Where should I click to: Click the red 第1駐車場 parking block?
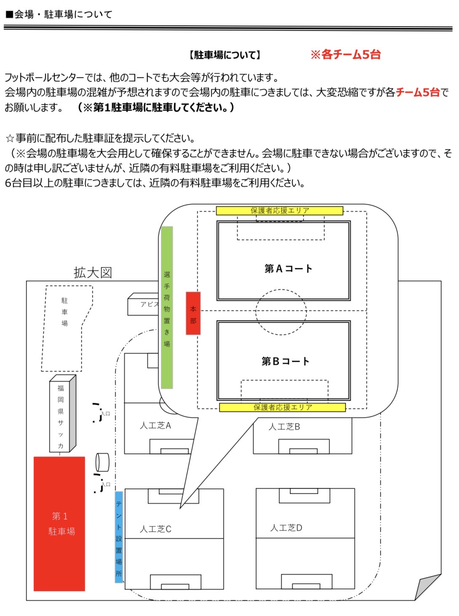click(x=59, y=524)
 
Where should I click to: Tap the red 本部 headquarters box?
click(x=193, y=313)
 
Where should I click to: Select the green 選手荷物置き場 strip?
click(x=167, y=308)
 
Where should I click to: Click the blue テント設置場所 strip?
click(x=119, y=537)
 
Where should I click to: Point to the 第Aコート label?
click(x=288, y=269)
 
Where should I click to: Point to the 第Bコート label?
click(x=285, y=362)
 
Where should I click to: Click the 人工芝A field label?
click(x=156, y=426)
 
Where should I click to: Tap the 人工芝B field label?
click(x=285, y=427)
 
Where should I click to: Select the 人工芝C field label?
click(x=156, y=529)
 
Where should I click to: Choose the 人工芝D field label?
click(x=286, y=528)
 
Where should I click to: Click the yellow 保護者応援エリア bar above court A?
click(x=279, y=211)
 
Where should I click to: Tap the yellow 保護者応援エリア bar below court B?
click(x=282, y=407)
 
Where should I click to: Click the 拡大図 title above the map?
click(x=93, y=273)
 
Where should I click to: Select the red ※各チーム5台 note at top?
click(x=346, y=54)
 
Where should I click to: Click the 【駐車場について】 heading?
click(x=225, y=55)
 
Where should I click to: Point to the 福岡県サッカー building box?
click(x=62, y=415)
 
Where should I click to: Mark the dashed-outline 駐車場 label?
click(x=64, y=312)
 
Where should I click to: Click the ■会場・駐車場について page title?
click(x=59, y=14)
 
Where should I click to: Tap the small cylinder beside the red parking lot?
click(x=102, y=462)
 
